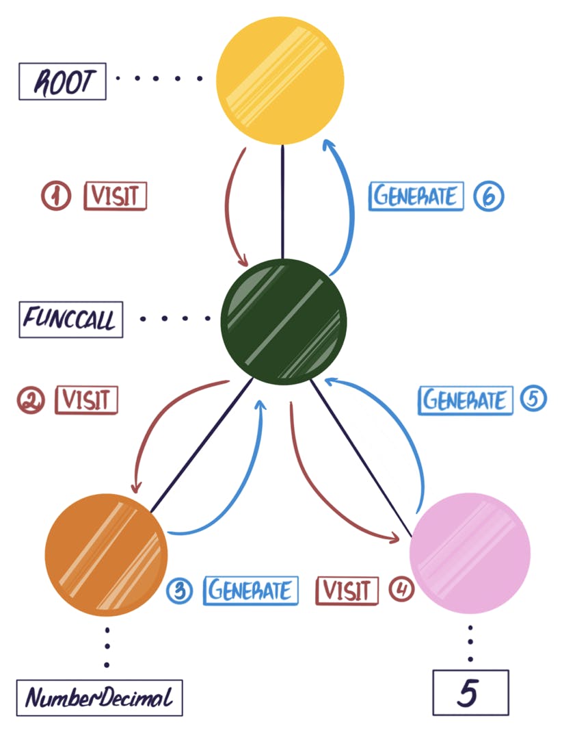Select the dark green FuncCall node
[x=284, y=322]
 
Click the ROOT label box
[x=62, y=82]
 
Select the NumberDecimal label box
[x=100, y=698]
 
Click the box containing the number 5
[x=470, y=693]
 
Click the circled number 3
[x=180, y=591]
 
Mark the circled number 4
[x=402, y=590]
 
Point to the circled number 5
[x=533, y=398]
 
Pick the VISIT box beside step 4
[x=347, y=590]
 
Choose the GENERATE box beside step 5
[x=465, y=400]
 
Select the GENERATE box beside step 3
[x=251, y=590]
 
